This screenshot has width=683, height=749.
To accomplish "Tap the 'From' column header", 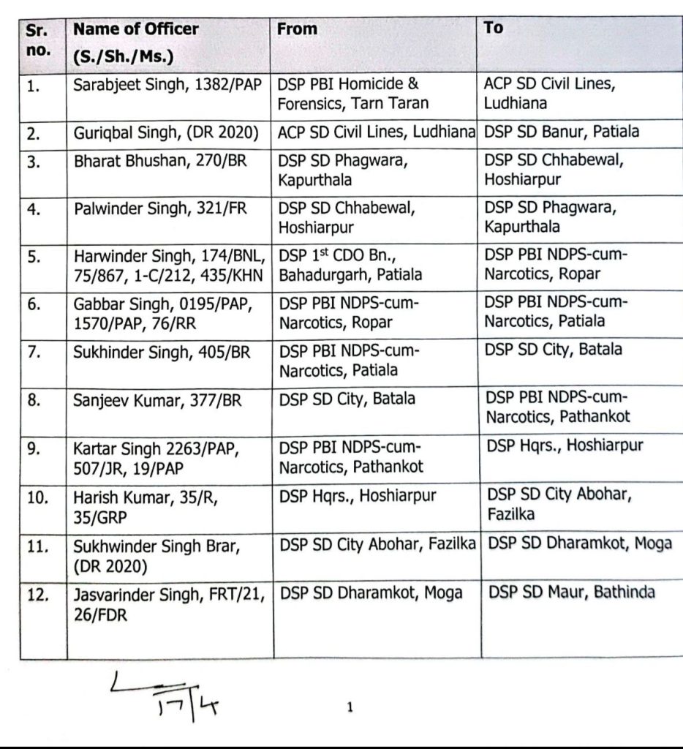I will point(298,29).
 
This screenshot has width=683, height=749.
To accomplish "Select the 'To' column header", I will point(494,27).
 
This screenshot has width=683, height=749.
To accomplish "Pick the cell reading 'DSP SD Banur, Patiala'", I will point(562,132).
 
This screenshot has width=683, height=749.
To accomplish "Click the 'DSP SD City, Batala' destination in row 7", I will point(554,350).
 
